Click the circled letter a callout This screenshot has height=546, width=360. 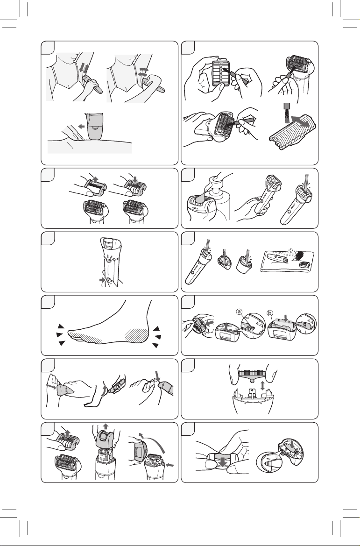tap(239, 312)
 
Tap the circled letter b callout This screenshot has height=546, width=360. tap(269, 313)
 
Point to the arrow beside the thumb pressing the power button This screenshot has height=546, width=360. tap(102, 280)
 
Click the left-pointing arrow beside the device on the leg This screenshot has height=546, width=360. tap(81, 127)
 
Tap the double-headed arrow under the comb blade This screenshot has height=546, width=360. tap(262, 385)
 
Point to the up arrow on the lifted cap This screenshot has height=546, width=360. tap(96, 180)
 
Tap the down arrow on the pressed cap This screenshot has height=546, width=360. tap(135, 178)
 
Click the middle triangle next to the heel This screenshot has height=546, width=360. tap(158, 337)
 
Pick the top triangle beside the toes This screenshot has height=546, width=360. tap(61, 326)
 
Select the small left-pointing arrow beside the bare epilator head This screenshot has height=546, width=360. tap(169, 465)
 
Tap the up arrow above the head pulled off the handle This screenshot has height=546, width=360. tap(106, 426)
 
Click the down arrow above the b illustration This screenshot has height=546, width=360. tap(286, 318)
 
